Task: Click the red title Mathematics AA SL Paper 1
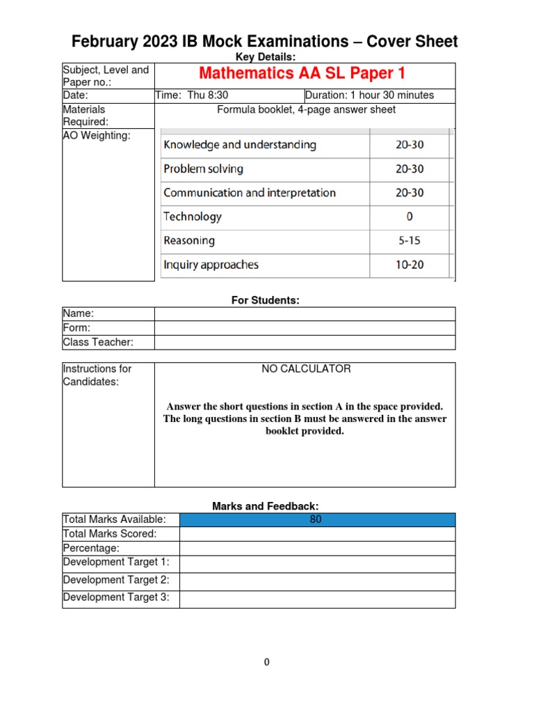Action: pyautogui.click(x=302, y=74)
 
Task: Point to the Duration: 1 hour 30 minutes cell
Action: pyautogui.click(x=379, y=95)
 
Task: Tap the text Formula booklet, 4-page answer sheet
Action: pyautogui.click(x=306, y=109)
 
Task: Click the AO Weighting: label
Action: pyautogui.click(x=97, y=136)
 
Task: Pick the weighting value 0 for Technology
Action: pyautogui.click(x=410, y=217)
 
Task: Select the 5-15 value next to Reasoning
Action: pyautogui.click(x=410, y=241)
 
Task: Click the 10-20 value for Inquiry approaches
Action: pyautogui.click(x=410, y=265)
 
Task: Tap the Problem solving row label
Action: pyautogui.click(x=203, y=169)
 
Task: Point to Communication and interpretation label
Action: pyautogui.click(x=249, y=193)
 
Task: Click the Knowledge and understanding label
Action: pyautogui.click(x=239, y=145)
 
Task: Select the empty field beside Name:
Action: pyautogui.click(x=305, y=314)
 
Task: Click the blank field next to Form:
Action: pyautogui.click(x=305, y=328)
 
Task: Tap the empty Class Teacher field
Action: pyautogui.click(x=305, y=342)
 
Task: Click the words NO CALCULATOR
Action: pyautogui.click(x=306, y=369)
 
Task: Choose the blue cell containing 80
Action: pyautogui.click(x=317, y=519)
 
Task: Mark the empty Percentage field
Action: pyautogui.click(x=317, y=548)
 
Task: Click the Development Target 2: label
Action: pyautogui.click(x=116, y=580)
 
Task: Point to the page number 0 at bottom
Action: pyautogui.click(x=266, y=662)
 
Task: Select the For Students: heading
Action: pyautogui.click(x=265, y=300)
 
